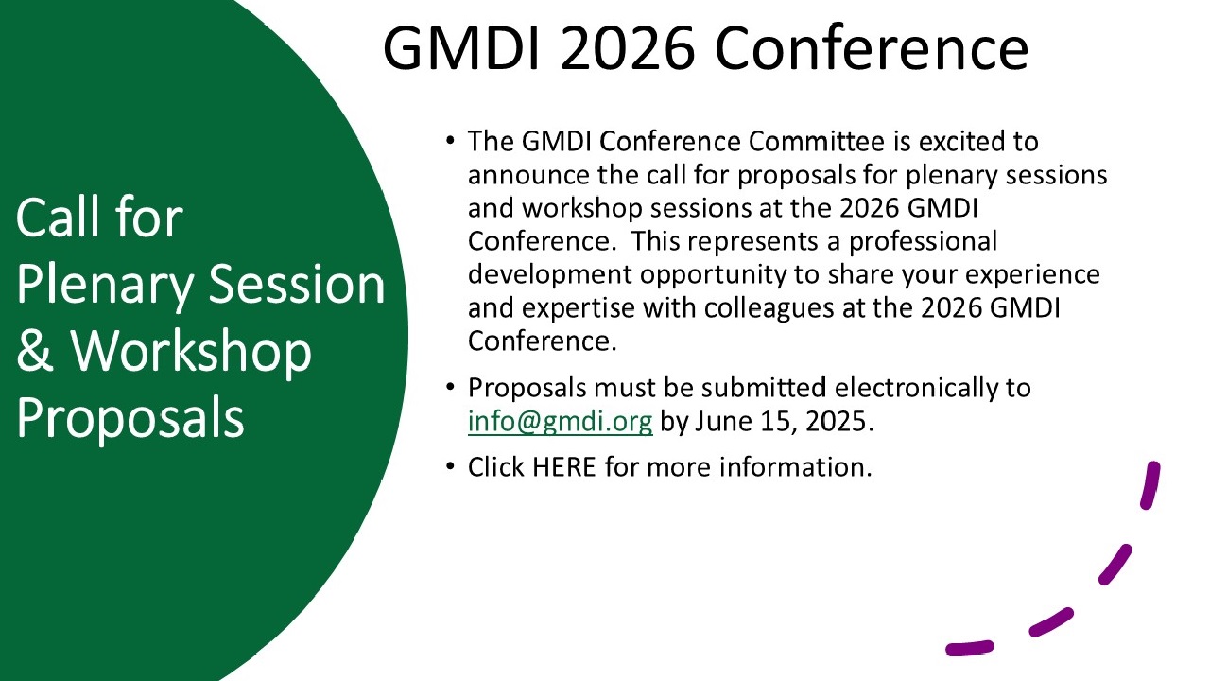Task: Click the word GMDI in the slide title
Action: [x=461, y=47]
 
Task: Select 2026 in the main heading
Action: [x=627, y=47]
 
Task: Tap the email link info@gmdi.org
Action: [x=561, y=422]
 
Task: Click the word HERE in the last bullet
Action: [x=564, y=467]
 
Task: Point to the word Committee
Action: [x=816, y=142]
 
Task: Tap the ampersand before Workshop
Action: [x=35, y=351]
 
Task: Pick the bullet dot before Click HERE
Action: [x=450, y=466]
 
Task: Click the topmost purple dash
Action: [x=1150, y=485]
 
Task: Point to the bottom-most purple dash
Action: [x=970, y=648]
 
